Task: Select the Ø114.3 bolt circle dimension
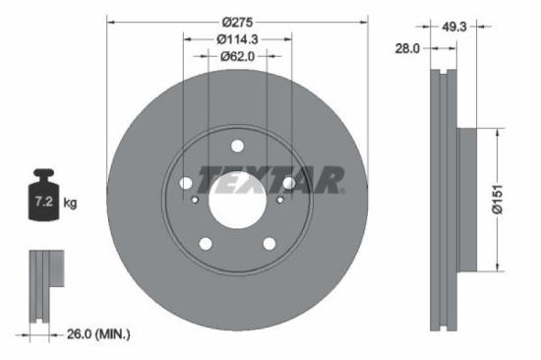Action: (237, 39)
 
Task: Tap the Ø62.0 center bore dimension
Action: (237, 57)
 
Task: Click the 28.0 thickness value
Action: (408, 46)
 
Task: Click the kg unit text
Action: (70, 203)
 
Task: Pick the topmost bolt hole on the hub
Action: (237, 146)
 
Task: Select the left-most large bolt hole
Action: (186, 183)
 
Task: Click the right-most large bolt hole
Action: (288, 183)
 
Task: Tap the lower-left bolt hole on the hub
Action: (206, 243)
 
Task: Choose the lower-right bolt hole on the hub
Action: (269, 243)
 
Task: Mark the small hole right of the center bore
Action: (279, 202)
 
